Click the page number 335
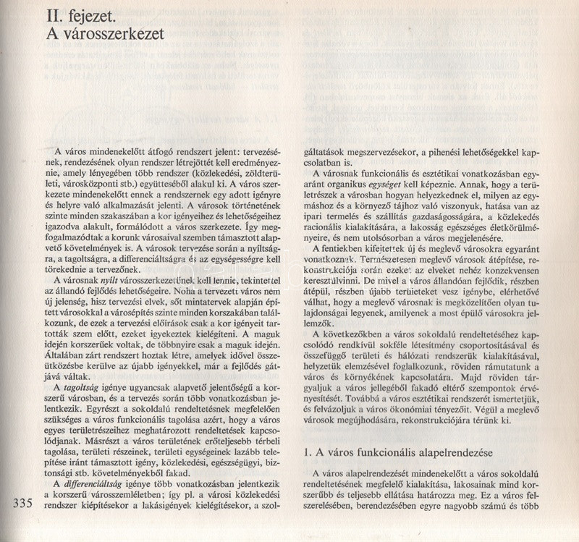tap(14, 504)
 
